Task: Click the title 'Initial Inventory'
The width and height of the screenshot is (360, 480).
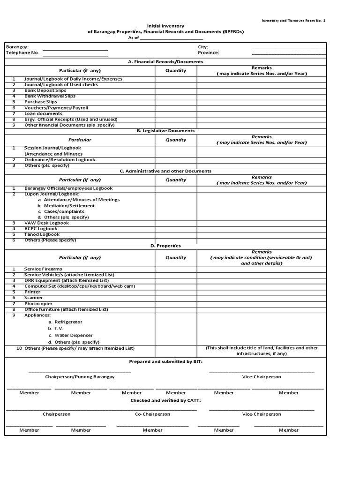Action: [165, 26]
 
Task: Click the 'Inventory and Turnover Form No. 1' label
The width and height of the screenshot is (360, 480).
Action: [293, 21]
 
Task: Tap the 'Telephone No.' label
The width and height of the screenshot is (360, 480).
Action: [22, 53]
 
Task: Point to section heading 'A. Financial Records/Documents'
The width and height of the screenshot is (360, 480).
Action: [165, 61]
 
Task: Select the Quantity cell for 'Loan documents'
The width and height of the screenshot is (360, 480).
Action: [176, 113]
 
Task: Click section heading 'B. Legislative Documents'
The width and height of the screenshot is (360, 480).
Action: [165, 131]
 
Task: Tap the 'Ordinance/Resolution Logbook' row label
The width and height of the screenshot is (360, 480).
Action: [60, 159]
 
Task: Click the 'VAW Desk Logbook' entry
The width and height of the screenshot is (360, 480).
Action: [46, 223]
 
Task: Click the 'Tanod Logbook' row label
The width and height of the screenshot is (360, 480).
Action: [42, 234]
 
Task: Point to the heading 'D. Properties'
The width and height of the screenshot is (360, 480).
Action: [165, 246]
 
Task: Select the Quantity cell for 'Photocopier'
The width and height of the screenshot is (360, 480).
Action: [176, 303]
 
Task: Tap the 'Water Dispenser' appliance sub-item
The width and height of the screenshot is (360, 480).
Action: [74, 335]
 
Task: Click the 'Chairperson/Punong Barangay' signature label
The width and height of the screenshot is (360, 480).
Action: [80, 376]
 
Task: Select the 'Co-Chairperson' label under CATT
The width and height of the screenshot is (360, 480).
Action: [152, 414]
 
